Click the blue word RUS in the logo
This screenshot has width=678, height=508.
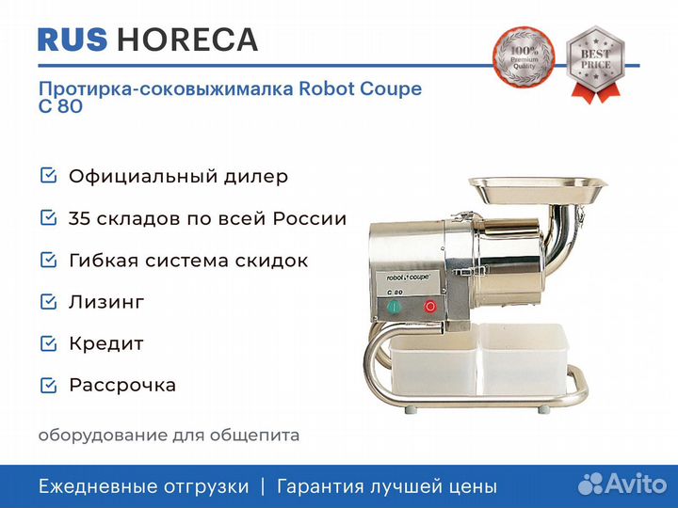point(73,40)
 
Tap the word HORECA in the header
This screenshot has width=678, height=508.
point(187,40)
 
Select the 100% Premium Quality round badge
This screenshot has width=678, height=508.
point(524,56)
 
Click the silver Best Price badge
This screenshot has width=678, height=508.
point(595,64)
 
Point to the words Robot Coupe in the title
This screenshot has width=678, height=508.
point(360,88)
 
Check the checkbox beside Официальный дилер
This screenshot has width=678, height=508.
point(48,175)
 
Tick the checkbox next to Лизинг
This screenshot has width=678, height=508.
point(48,302)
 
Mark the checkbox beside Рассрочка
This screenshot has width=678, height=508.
point(48,385)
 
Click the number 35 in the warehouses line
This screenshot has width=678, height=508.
point(79,218)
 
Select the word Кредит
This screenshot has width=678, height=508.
point(106,344)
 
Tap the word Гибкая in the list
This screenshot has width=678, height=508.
point(104,261)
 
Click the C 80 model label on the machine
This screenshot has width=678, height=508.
point(395,292)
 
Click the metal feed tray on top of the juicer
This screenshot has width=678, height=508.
point(538,189)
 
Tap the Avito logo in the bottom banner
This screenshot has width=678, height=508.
point(622,484)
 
